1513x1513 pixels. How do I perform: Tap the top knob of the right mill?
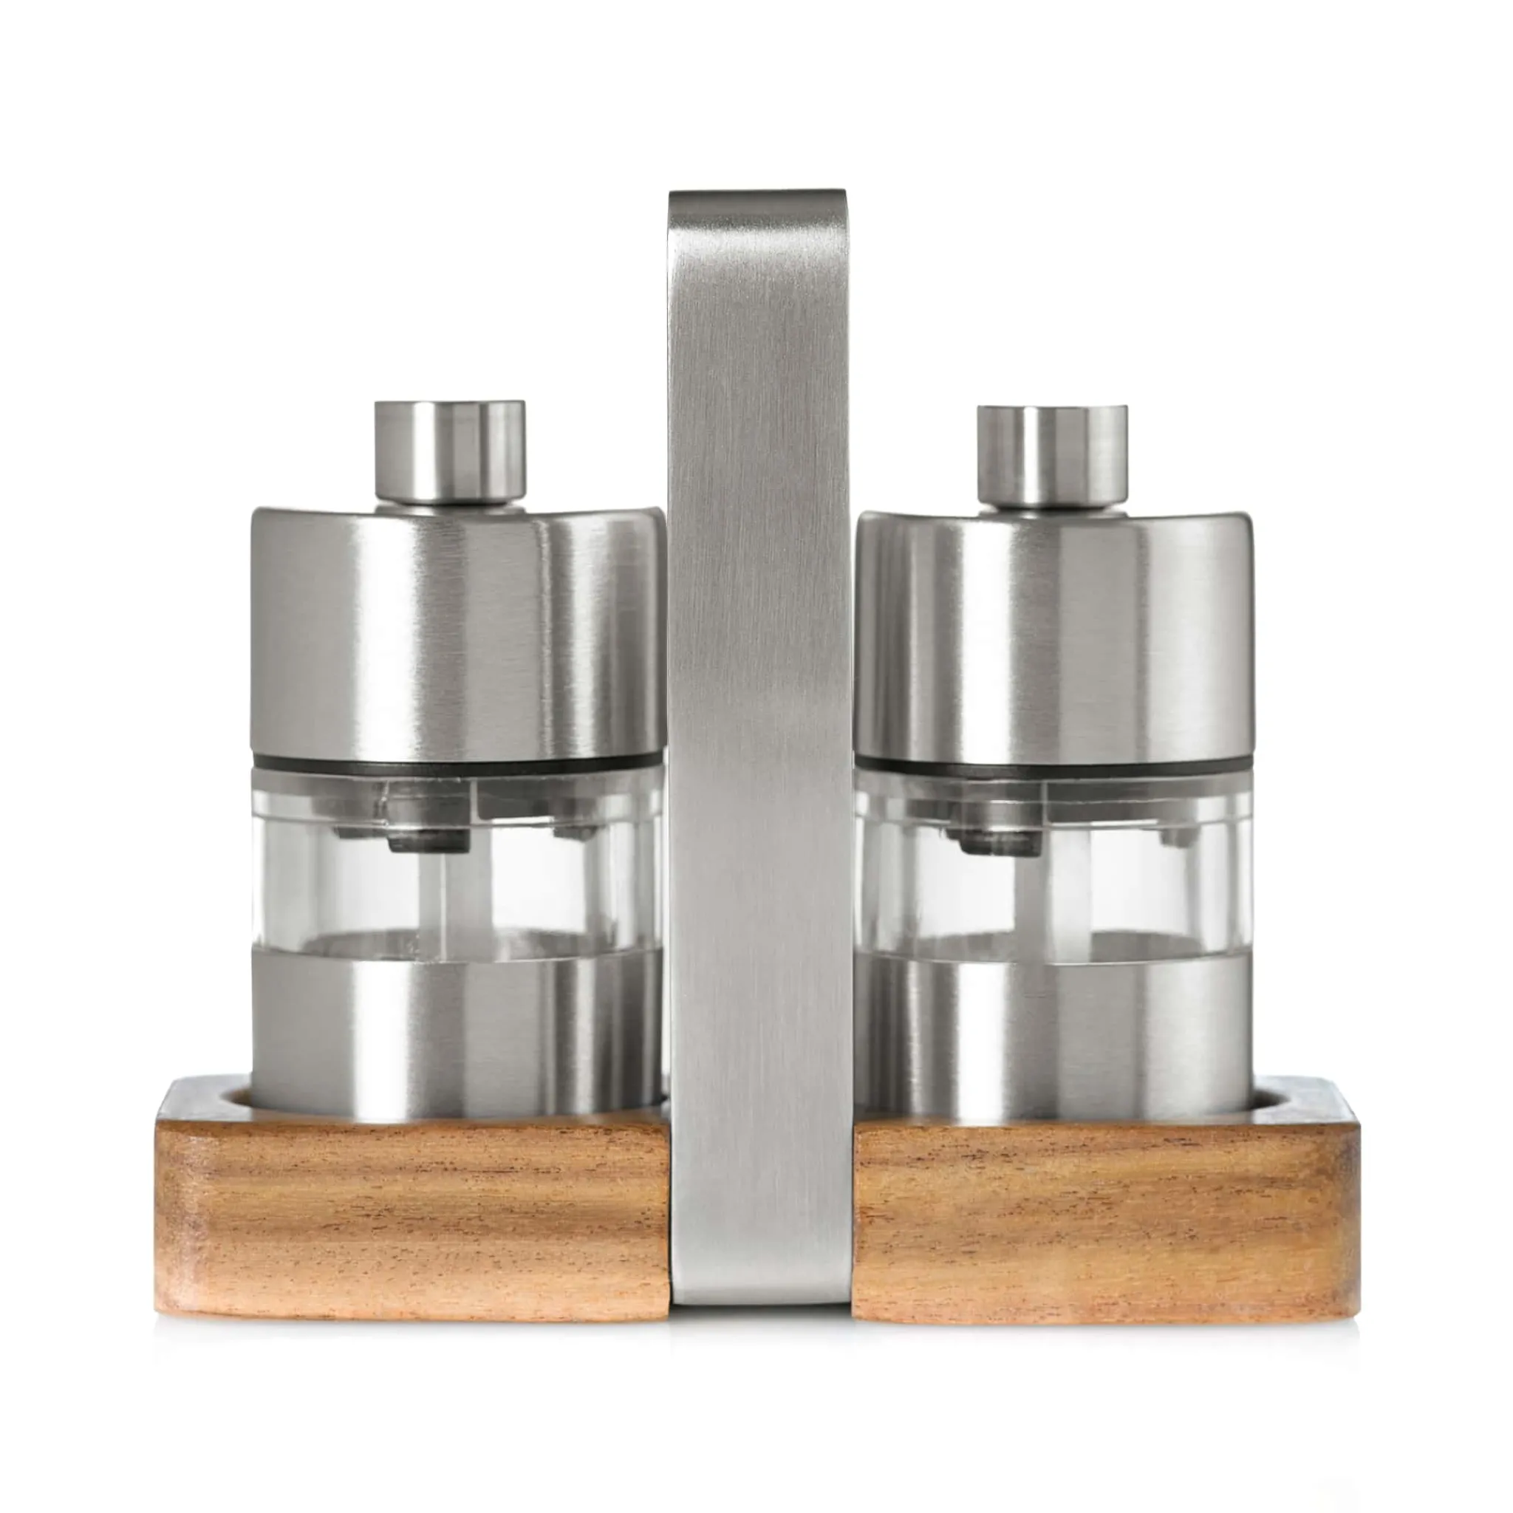1051,454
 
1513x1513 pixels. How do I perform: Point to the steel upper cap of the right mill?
1053,635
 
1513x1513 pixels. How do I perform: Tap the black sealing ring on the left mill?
454,762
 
